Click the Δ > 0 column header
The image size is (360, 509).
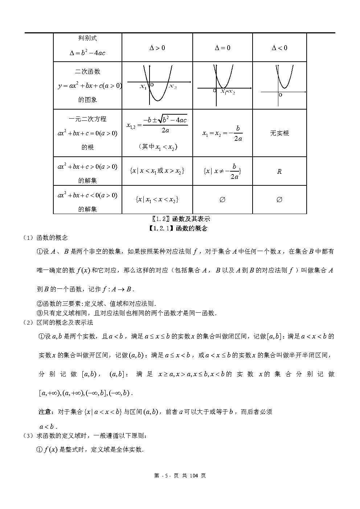point(157,48)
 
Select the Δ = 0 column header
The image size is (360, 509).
point(222,48)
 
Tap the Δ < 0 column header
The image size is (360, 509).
point(279,48)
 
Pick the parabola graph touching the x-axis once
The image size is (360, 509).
point(223,85)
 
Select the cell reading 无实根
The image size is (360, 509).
point(279,133)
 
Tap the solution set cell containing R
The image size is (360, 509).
point(279,172)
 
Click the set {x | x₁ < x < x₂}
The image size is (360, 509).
point(157,200)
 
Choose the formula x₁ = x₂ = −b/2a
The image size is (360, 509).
point(222,133)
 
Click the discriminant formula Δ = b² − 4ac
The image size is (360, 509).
point(87,53)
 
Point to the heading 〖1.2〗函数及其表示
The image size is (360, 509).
point(180,219)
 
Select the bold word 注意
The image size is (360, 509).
point(45,412)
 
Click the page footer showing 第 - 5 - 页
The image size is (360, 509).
point(180,476)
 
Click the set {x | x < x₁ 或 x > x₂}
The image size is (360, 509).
point(157,171)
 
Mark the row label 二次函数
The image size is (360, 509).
point(87,72)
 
